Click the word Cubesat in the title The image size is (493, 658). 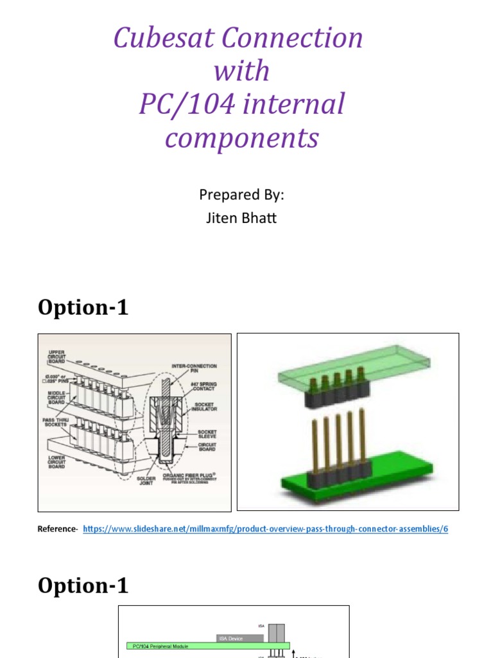coord(163,39)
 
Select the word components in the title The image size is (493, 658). coord(241,138)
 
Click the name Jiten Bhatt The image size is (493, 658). coord(241,218)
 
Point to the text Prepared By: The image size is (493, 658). coord(241,195)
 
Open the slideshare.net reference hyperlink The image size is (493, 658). coord(265,529)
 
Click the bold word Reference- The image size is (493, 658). coord(58,529)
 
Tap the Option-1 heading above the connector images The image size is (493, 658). coord(83,308)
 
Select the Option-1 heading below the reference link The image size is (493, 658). coord(83,585)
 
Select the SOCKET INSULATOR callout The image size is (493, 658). coord(204,405)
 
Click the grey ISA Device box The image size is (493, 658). coord(239,638)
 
